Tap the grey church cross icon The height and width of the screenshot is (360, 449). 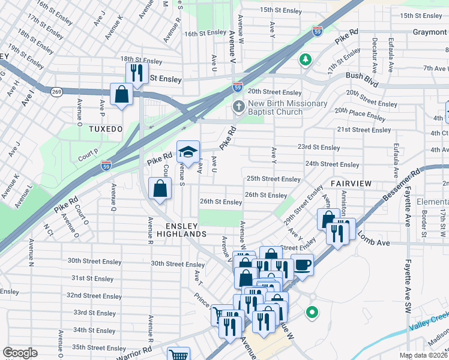[238, 107]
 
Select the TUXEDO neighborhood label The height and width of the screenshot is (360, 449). [106, 129]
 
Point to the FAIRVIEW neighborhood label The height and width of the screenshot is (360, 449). [352, 182]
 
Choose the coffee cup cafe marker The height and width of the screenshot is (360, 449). [302, 264]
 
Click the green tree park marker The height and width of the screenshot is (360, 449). [306, 59]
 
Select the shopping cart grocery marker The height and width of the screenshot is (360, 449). [178, 355]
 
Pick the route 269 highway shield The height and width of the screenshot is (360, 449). [57, 92]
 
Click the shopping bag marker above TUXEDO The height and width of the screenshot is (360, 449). [122, 94]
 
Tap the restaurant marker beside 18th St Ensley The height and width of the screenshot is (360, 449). [137, 73]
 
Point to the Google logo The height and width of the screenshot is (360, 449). [20, 353]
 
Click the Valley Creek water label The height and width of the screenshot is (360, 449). [429, 322]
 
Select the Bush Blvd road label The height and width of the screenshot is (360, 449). [363, 76]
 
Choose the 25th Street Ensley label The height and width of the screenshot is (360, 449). [273, 179]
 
